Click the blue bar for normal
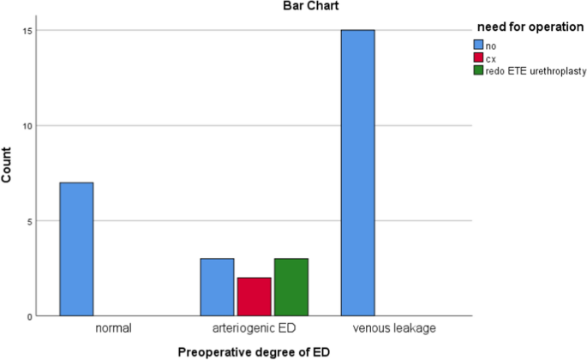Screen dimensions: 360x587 (76, 249)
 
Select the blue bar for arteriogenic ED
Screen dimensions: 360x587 (217, 287)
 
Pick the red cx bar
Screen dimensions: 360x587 (254, 297)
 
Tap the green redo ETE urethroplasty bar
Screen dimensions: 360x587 (291, 287)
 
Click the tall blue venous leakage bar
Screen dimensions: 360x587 (357, 173)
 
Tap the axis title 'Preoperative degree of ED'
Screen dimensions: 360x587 (254, 351)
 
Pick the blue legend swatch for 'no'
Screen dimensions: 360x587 (479, 43)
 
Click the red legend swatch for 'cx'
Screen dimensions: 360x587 (479, 56)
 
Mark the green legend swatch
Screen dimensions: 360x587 (479, 69)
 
